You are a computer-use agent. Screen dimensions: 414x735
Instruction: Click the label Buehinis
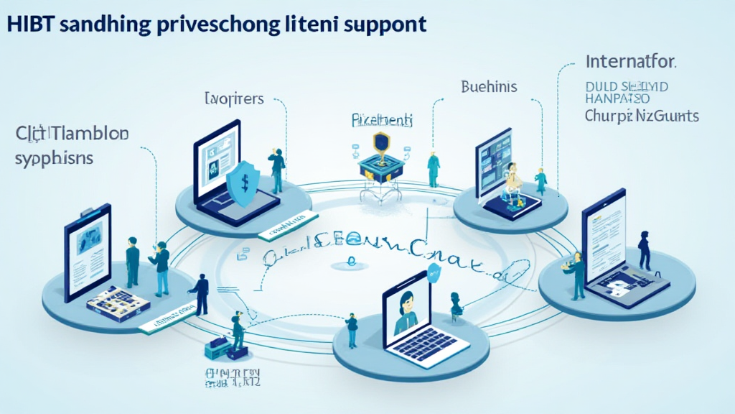[489, 87]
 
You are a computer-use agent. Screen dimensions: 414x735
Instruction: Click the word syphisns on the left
[54, 157]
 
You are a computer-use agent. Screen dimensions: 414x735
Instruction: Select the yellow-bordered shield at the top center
[381, 141]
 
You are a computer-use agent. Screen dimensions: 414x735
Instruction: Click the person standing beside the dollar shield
[277, 170]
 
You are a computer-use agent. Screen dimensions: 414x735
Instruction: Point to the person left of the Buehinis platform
[434, 170]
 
